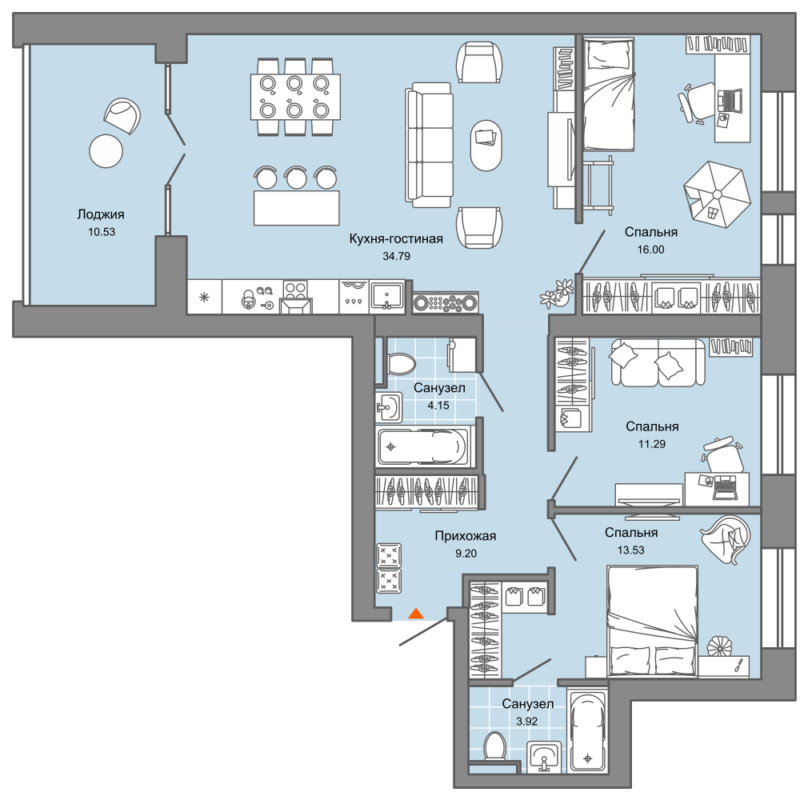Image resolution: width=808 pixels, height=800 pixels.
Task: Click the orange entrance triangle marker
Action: pyautogui.click(x=416, y=613)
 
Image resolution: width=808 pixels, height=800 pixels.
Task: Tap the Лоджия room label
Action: pyautogui.click(x=101, y=214)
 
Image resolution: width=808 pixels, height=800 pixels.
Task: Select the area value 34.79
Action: pyautogui.click(x=396, y=256)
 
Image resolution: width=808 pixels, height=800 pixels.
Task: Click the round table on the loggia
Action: pyautogui.click(x=106, y=151)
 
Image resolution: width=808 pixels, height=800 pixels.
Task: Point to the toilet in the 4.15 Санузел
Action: pyautogui.click(x=400, y=363)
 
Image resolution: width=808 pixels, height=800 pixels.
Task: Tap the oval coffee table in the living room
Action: pyautogui.click(x=486, y=146)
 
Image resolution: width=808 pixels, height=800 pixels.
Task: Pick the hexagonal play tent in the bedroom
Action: pyautogui.click(x=716, y=194)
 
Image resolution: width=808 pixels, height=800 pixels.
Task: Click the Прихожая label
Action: pyautogui.click(x=466, y=536)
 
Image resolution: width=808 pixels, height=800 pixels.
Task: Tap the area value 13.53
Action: pyautogui.click(x=630, y=550)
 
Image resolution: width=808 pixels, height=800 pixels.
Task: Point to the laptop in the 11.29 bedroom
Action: pyautogui.click(x=725, y=488)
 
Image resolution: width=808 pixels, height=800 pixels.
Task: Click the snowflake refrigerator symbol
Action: pyautogui.click(x=204, y=297)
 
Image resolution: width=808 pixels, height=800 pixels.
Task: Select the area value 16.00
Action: pyautogui.click(x=651, y=250)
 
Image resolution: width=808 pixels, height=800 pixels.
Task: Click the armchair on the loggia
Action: pyautogui.click(x=122, y=115)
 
